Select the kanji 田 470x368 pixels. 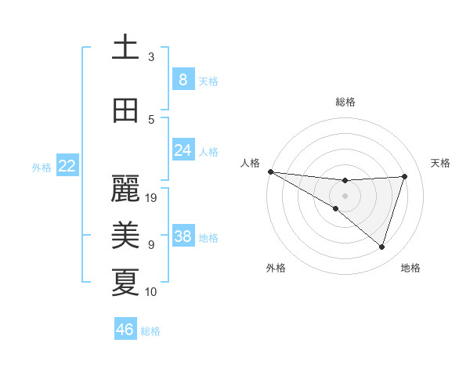(x=125, y=110)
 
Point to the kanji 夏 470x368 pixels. (x=125, y=283)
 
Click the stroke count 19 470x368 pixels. (x=152, y=198)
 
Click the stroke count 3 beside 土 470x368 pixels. (x=151, y=57)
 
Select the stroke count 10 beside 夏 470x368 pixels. (x=152, y=292)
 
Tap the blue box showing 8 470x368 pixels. (x=183, y=79)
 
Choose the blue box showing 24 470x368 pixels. (x=183, y=150)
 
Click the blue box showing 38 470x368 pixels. (x=183, y=236)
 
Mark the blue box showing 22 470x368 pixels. (x=67, y=166)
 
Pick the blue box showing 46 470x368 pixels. (x=125, y=330)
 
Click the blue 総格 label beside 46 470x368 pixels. (x=150, y=331)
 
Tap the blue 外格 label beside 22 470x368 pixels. (x=42, y=167)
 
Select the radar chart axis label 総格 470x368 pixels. (x=345, y=102)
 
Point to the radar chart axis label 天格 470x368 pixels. (x=441, y=163)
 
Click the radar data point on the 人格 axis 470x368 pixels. (x=270, y=171)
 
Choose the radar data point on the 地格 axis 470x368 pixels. (x=381, y=247)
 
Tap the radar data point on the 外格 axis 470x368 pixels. (x=336, y=208)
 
